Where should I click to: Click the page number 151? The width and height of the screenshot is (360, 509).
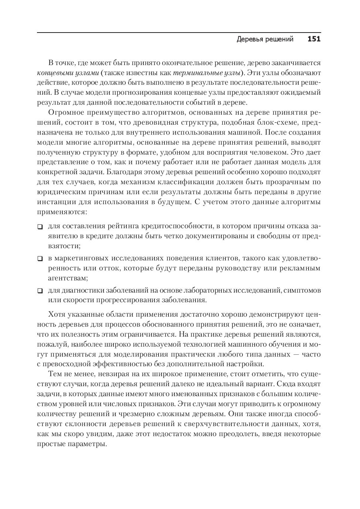pos(314,39)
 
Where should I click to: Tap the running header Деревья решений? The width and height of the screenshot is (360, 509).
pos(265,39)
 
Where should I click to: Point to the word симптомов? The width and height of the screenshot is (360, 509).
pos(303,290)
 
